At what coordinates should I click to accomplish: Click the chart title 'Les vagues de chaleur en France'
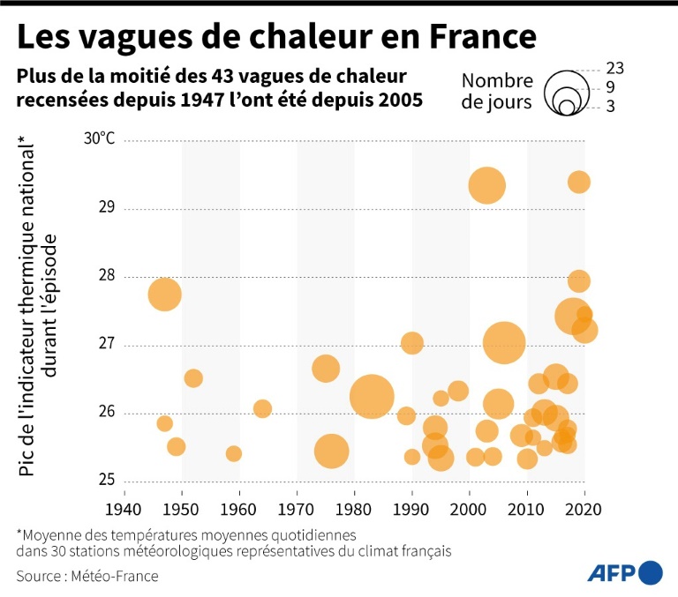(276, 36)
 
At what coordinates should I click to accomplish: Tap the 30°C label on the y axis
(100, 139)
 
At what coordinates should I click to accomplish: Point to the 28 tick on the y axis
(107, 276)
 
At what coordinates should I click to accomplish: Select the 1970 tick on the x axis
(297, 509)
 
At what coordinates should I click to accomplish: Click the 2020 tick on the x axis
(584, 509)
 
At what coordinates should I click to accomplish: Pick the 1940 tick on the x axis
(124, 509)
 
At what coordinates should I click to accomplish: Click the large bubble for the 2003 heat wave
(486, 186)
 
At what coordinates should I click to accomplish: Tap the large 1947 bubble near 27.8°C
(164, 294)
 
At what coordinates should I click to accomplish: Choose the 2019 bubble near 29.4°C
(579, 183)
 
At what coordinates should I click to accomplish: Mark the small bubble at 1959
(234, 453)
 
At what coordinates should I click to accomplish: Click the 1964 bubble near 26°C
(262, 408)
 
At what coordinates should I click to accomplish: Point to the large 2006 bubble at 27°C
(504, 343)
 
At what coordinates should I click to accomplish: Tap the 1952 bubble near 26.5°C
(193, 378)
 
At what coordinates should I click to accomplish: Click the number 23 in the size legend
(616, 68)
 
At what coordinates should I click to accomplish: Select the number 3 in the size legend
(611, 107)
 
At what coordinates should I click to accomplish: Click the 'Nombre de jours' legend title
(497, 92)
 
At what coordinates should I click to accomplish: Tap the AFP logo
(625, 572)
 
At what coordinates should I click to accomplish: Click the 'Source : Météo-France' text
(87, 576)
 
